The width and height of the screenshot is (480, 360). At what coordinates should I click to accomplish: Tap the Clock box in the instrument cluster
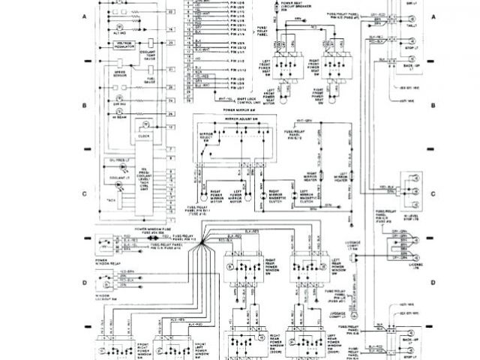(144, 136)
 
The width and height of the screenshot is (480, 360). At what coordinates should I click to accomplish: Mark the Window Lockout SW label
(106, 298)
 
